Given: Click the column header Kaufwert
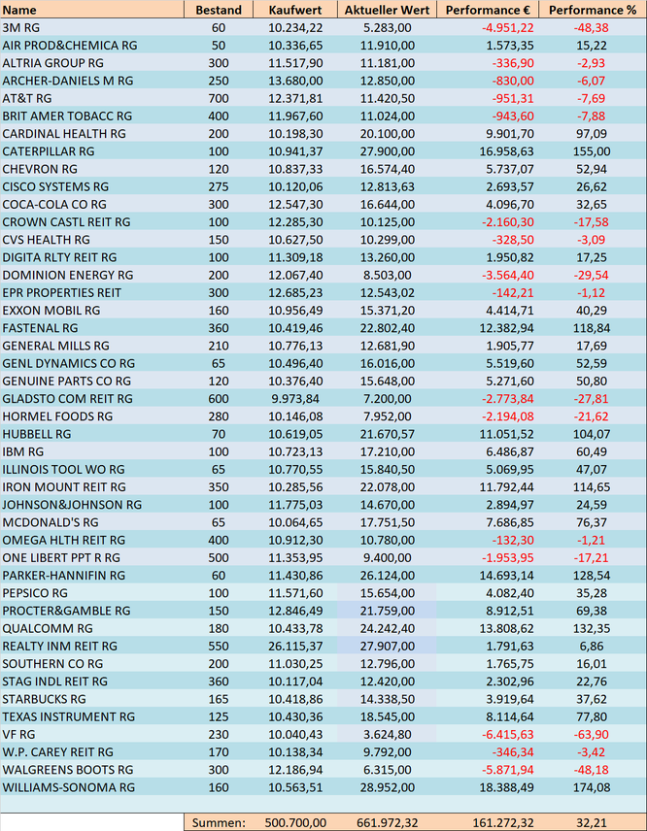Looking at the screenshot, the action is [295, 10].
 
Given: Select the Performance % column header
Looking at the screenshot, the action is [593, 10].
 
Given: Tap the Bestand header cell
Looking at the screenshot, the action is [219, 10].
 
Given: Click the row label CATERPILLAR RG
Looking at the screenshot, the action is [49, 151].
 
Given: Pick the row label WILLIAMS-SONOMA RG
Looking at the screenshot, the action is [69, 787].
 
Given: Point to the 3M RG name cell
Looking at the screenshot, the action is [20, 27].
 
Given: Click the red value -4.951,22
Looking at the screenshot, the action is [507, 27].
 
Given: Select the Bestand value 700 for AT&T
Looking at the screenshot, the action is [219, 99].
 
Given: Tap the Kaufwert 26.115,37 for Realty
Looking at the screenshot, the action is [295, 646].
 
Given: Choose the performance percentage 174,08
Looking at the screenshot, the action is [592, 787].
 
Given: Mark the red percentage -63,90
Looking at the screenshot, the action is [591, 735].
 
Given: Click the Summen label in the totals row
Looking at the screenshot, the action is [219, 823].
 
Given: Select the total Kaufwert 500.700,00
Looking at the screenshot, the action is [295, 823].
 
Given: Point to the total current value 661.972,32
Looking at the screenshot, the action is [388, 823].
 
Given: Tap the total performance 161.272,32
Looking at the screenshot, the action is [503, 823].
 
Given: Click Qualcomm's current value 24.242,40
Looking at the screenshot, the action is [388, 628].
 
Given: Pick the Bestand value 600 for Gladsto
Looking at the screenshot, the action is [219, 399].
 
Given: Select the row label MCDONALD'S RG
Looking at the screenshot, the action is [51, 522].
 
